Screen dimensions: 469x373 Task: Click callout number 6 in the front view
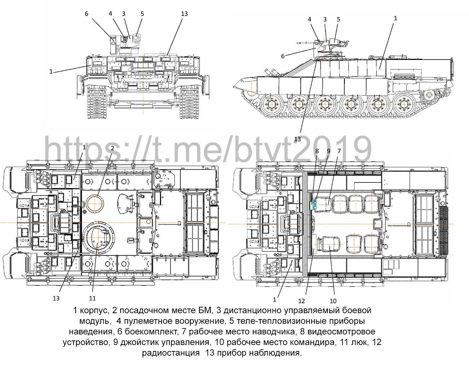pyautogui.click(x=86, y=14)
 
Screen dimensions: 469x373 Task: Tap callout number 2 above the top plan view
pyautogui.click(x=112, y=148)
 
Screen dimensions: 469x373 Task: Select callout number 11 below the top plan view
pyautogui.click(x=92, y=298)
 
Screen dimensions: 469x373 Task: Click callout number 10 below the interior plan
pyautogui.click(x=333, y=301)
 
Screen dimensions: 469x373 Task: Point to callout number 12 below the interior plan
pyautogui.click(x=301, y=301)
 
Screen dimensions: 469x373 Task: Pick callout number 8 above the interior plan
pyautogui.click(x=317, y=151)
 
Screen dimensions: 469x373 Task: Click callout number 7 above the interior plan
pyautogui.click(x=339, y=151)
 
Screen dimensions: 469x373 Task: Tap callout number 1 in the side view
pyautogui.click(x=395, y=18)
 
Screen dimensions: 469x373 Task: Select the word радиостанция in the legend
pyautogui.click(x=170, y=353)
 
